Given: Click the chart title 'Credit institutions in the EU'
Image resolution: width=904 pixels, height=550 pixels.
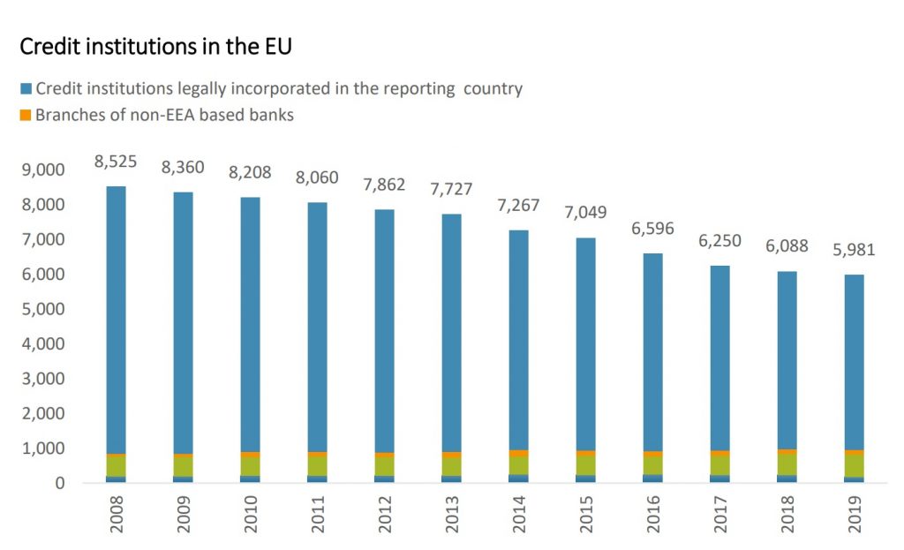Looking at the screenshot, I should pos(155,47).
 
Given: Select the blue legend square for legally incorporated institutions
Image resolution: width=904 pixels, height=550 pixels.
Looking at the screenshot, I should pos(26,89).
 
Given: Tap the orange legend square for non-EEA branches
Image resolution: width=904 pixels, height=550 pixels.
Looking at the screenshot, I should pos(26,115).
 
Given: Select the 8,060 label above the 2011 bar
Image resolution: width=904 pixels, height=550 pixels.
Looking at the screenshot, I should pos(318,177).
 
